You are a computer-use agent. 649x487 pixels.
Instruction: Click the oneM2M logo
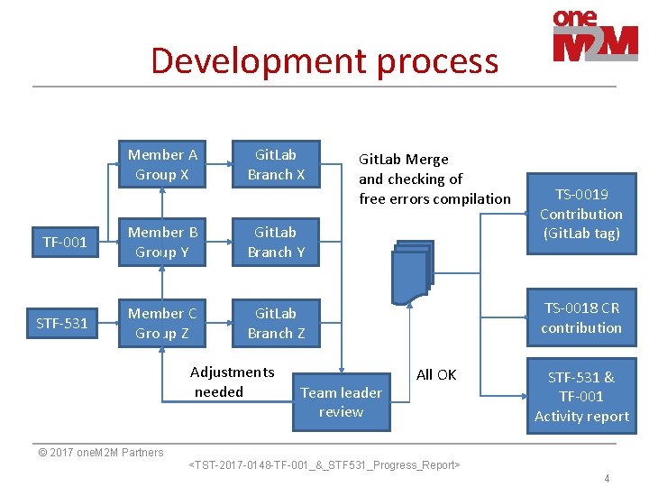point(594,35)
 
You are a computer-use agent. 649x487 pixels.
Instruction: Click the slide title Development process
point(324,60)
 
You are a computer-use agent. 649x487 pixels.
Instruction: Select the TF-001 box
point(65,242)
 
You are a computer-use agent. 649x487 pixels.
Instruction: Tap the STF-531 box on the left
point(62,323)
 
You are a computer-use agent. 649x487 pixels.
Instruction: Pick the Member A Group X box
point(162,164)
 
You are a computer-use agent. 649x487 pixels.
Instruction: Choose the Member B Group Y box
point(162,242)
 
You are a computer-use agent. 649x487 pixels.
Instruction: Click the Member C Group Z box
point(162,323)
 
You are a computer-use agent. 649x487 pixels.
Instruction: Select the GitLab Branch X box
point(276,164)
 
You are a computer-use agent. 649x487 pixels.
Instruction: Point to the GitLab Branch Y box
point(276,242)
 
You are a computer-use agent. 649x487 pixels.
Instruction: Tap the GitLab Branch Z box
point(276,323)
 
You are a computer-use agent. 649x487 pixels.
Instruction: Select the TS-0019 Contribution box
point(581,214)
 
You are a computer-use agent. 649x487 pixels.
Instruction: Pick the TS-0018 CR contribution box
point(581,317)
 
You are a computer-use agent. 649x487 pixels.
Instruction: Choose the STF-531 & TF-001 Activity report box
point(581,397)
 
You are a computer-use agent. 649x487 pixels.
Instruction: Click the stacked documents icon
point(412,271)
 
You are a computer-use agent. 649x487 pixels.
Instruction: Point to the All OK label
point(436,374)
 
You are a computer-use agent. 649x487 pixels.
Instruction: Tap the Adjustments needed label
point(231,381)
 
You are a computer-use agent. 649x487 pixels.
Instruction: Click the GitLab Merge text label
point(434,179)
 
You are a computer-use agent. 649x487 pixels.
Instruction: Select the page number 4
point(607,478)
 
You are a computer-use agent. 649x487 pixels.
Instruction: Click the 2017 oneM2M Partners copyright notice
point(100,453)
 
